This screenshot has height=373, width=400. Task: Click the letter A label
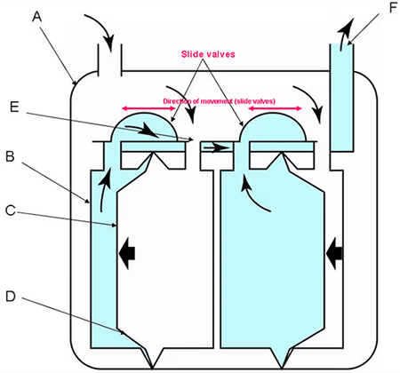coord(37,17)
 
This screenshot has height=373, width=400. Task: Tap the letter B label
coord(10,156)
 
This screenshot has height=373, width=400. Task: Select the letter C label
coord(11,210)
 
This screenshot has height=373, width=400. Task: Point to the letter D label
coord(11,297)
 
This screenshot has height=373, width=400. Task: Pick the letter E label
coord(14,107)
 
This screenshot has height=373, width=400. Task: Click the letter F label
coord(393,8)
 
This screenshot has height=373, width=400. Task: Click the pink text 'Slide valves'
coord(208,54)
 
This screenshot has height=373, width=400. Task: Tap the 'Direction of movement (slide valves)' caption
coord(219,101)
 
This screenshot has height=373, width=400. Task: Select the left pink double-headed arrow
coord(148,108)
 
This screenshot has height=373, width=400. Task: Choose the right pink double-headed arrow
coord(275,108)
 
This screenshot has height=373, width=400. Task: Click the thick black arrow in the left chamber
coord(127,253)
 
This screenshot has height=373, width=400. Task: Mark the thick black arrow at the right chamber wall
coord(334,253)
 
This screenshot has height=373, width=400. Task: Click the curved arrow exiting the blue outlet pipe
coord(345,34)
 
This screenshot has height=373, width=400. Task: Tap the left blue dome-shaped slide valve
coord(144,127)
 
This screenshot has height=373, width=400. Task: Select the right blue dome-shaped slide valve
coord(274,127)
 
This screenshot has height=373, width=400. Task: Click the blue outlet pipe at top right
coord(341,98)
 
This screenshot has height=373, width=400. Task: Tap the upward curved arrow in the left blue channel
coord(106,189)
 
